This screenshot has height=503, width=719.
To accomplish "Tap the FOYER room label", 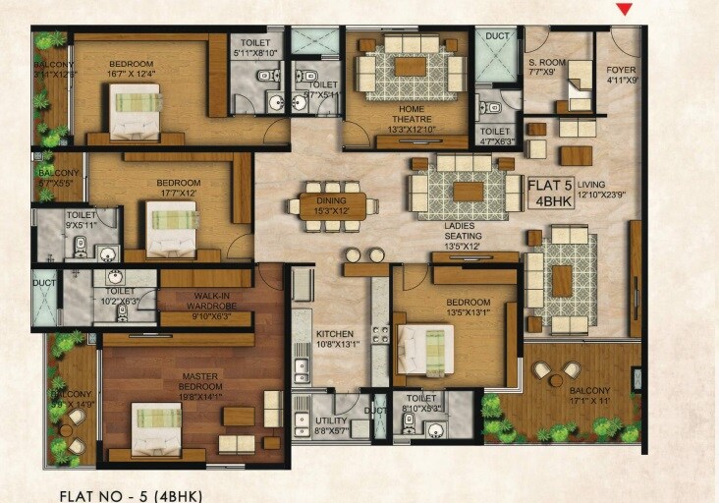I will point(621,75).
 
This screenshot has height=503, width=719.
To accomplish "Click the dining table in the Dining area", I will point(326,205).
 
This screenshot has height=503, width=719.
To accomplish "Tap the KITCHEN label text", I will point(337,339).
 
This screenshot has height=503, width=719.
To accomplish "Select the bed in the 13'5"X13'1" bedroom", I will point(426,347).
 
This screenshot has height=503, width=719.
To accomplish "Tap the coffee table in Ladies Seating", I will point(468,191).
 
